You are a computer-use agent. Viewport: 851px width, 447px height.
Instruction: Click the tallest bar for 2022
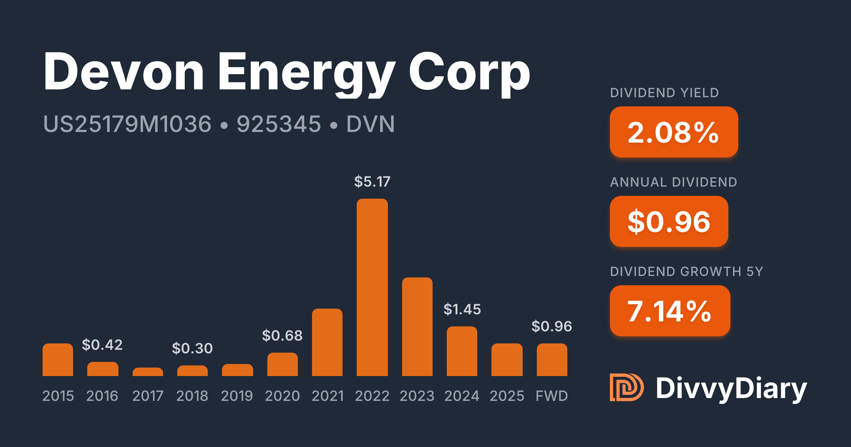pyautogui.click(x=372, y=287)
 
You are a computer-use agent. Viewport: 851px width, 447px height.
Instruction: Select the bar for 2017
pyautogui.click(x=148, y=372)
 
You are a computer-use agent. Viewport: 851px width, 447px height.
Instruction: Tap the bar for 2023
pyautogui.click(x=417, y=326)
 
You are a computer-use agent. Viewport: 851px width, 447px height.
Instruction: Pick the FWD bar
pyautogui.click(x=552, y=360)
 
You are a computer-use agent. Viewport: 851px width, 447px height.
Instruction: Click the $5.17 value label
pyautogui.click(x=372, y=182)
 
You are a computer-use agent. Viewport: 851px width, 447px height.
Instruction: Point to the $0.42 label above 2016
pyautogui.click(x=102, y=345)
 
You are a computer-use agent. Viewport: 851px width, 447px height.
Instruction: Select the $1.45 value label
pyautogui.click(x=462, y=309)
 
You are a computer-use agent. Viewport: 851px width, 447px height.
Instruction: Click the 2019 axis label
pyautogui.click(x=237, y=396)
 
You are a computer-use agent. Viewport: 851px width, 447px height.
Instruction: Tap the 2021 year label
pyautogui.click(x=328, y=396)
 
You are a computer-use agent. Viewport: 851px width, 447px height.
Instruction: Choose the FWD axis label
pyautogui.click(x=552, y=396)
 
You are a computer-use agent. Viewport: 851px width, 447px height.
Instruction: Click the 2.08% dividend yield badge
pyautogui.click(x=674, y=132)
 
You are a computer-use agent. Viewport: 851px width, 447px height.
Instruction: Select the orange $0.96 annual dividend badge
pyautogui.click(x=669, y=221)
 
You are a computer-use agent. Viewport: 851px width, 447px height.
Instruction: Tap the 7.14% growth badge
pyautogui.click(x=670, y=311)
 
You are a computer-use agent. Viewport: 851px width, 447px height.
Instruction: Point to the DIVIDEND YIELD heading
pyautogui.click(x=664, y=93)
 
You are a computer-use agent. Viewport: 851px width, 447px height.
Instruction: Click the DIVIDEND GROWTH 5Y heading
pyautogui.click(x=686, y=272)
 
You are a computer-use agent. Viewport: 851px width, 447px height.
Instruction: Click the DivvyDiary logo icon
pyautogui.click(x=626, y=387)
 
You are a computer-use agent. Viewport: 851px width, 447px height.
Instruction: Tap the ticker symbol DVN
pyautogui.click(x=370, y=124)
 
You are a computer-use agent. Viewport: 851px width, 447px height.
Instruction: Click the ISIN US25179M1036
pyautogui.click(x=127, y=124)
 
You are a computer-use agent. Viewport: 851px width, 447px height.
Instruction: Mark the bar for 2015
pyautogui.click(x=58, y=360)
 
